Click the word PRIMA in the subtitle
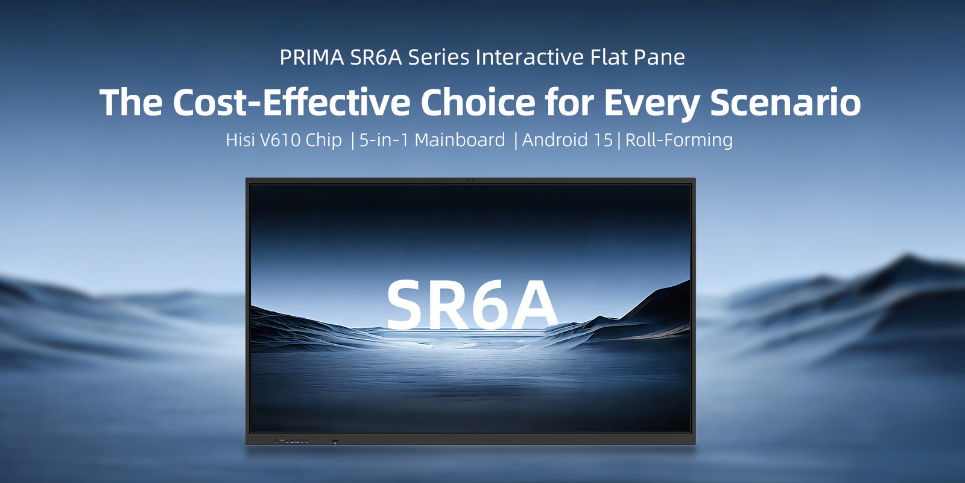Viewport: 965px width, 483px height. tap(311, 57)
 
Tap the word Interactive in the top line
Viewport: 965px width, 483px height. tap(530, 57)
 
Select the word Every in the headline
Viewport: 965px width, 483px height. tap(651, 102)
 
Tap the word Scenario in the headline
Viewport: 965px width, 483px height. tap(785, 102)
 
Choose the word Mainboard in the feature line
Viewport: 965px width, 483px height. tap(460, 140)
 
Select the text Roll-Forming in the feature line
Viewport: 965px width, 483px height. tap(679, 140)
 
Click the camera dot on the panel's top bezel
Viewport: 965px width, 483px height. tap(470, 180)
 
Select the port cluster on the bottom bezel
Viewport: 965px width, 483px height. tap(293, 441)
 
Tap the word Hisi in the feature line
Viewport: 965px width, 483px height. tap(240, 140)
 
